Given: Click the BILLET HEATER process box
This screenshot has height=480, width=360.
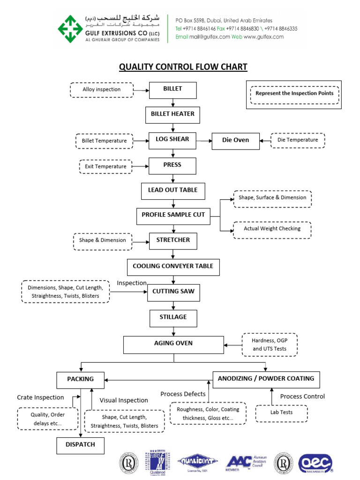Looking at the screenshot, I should (172, 114).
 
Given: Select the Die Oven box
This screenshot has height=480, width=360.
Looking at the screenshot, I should (235, 140).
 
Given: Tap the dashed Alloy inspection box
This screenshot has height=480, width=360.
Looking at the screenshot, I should (102, 90).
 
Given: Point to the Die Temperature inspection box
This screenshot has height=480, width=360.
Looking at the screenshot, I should (298, 140).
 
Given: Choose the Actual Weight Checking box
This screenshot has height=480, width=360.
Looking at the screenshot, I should (272, 229).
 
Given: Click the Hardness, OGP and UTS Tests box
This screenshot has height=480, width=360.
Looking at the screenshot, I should (270, 345).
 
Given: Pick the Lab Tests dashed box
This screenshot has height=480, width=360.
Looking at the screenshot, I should (281, 412).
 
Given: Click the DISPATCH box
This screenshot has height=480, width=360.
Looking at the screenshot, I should (80, 445).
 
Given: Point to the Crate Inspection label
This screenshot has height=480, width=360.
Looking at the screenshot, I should (41, 397).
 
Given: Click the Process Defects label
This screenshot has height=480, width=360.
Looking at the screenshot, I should (183, 394).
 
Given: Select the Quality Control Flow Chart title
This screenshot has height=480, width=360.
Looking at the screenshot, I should (183, 67).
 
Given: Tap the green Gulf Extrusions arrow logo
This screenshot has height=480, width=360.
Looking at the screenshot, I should (70, 28).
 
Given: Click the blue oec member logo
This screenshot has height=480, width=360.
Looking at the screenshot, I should (315, 462).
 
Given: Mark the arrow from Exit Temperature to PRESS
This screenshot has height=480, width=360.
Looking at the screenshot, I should (140, 166).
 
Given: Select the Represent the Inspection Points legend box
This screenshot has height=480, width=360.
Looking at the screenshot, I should (294, 94).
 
